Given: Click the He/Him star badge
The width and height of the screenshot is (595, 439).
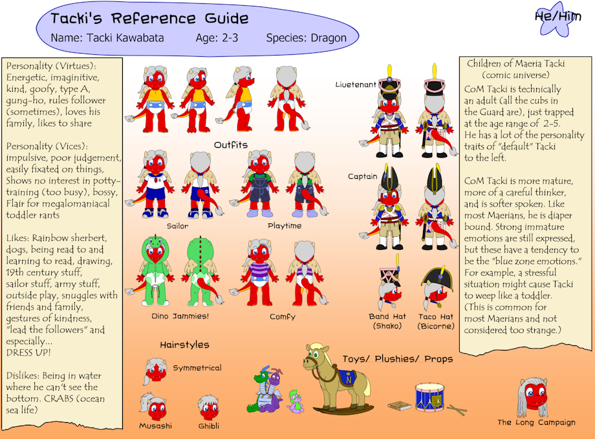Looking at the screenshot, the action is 556,19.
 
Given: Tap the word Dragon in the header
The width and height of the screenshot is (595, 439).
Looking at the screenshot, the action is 329,38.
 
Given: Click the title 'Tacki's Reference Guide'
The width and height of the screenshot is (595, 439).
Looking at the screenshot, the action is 149,19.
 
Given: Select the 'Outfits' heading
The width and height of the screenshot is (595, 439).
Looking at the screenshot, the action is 231,145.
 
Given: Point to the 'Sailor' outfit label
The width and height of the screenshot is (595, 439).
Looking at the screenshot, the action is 178,226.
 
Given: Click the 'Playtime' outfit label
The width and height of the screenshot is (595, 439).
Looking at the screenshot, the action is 285,226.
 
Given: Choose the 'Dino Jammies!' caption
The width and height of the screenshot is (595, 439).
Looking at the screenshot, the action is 180,316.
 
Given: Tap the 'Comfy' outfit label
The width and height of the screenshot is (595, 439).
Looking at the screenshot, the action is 283,316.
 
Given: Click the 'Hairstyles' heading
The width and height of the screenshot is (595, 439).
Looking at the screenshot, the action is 185,345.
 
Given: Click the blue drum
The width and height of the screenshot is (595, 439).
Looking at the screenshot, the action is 429,397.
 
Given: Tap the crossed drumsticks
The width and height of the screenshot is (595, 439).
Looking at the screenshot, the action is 457,410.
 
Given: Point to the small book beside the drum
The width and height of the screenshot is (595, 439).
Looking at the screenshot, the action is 399,405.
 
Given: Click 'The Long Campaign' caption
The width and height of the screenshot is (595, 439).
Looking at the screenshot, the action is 537,422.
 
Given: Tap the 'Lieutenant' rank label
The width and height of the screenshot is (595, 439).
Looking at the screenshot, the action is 356,85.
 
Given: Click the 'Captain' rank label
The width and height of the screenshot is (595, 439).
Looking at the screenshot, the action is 363,176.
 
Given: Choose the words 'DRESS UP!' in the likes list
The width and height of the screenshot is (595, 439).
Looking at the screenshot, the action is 28,352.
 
